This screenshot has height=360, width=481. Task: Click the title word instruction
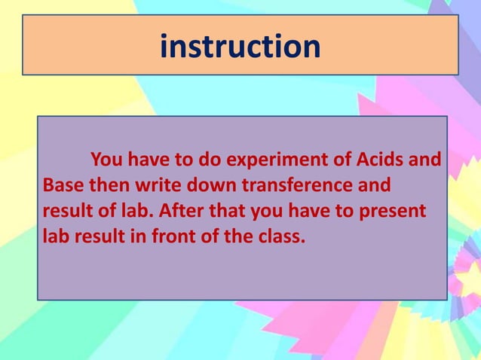pos(240,46)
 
